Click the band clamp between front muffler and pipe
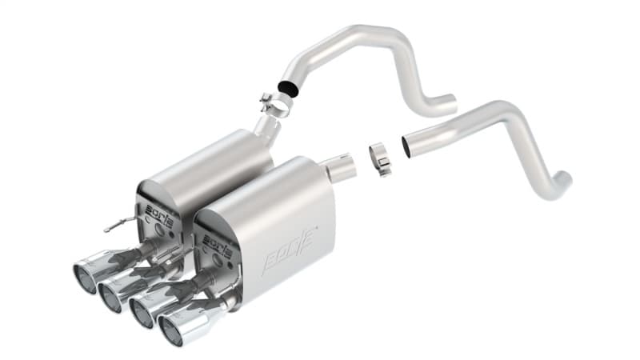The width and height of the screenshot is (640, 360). pyautogui.click(x=381, y=158)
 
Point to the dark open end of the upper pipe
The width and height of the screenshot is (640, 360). pyautogui.click(x=286, y=89)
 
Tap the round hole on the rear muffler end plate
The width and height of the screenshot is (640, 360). pyautogui.click(x=158, y=230)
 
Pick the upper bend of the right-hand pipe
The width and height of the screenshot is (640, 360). pyautogui.click(x=512, y=110)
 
